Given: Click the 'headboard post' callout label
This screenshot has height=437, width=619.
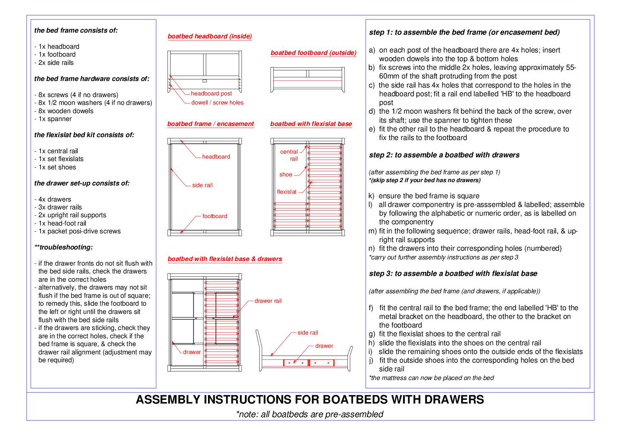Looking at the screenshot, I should pos(211,94).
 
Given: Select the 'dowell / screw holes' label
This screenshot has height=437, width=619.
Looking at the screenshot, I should pos(217,103).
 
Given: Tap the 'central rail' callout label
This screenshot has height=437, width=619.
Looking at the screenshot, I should pos(289,155).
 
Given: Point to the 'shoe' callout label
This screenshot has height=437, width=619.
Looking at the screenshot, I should pos(286,175).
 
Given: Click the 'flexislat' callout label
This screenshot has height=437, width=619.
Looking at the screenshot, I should pos(287,192).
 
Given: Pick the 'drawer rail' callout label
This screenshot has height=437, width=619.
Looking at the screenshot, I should pos(268,301).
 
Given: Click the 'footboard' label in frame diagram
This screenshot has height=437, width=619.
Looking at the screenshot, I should pos(215,216).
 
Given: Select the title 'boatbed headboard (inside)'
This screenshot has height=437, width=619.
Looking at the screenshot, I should pos(210,36).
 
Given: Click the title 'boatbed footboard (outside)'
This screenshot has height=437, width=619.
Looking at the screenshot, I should pos(313,53).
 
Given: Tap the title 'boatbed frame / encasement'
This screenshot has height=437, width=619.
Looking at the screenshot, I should pos(210,124).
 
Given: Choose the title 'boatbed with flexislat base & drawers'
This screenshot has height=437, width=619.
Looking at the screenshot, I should pos(225,259).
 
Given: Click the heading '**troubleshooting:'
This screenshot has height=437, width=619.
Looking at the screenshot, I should pos(64,247).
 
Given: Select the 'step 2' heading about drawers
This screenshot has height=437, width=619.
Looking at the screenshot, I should pos(444,155).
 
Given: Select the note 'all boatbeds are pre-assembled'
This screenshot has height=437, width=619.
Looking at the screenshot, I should pos(309,414).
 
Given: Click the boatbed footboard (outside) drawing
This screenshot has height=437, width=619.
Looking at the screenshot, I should pos(308,80).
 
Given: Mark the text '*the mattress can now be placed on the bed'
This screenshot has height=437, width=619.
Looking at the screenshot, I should pos(431,378).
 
